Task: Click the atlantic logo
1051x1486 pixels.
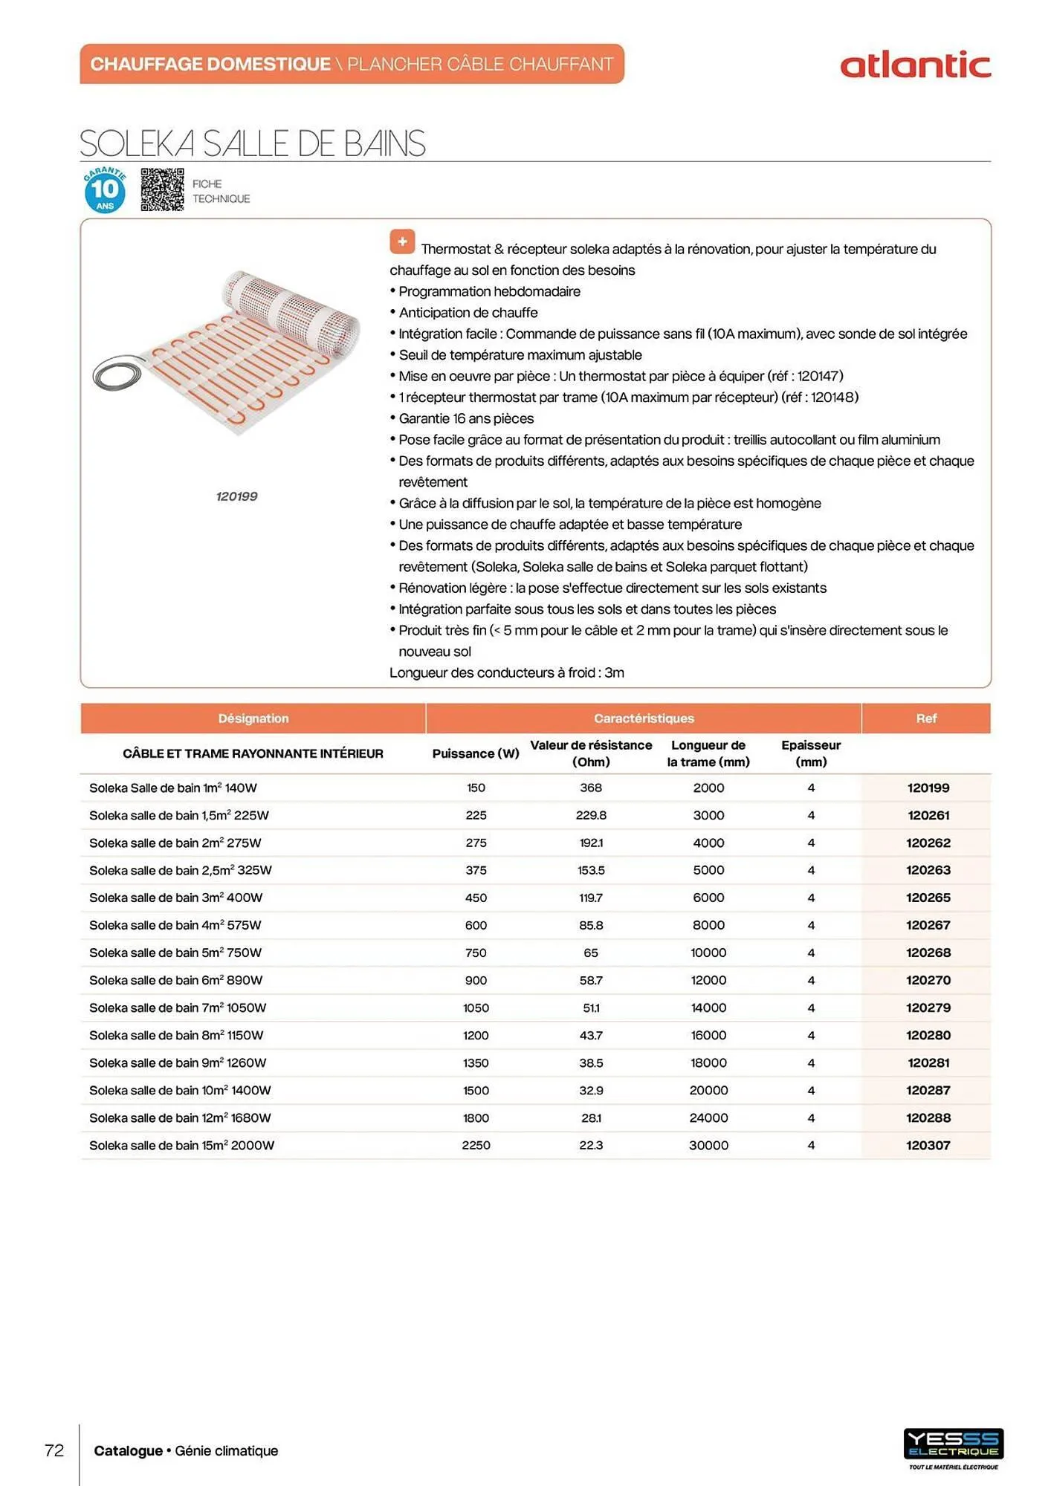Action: pyautogui.click(x=915, y=65)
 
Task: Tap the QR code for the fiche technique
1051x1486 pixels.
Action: pyautogui.click(x=162, y=189)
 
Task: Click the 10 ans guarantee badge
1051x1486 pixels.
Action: pyautogui.click(x=105, y=190)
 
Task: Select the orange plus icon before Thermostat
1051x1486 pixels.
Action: pyautogui.click(x=402, y=241)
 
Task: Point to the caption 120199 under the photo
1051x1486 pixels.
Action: pyautogui.click(x=236, y=496)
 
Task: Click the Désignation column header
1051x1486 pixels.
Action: pyautogui.click(x=253, y=718)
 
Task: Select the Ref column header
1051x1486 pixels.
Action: pyautogui.click(x=926, y=718)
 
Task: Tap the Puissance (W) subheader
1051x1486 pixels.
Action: pyautogui.click(x=476, y=753)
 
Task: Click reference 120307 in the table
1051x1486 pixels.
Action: pyautogui.click(x=928, y=1145)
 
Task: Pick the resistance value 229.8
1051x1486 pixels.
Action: pyautogui.click(x=591, y=815)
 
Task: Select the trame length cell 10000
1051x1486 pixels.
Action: pyautogui.click(x=708, y=953)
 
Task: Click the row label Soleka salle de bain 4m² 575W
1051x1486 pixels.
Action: pyautogui.click(x=175, y=925)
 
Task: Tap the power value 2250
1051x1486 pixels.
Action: pyautogui.click(x=476, y=1145)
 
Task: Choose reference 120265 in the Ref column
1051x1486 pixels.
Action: pyautogui.click(x=928, y=898)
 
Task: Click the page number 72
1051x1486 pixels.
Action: pyautogui.click(x=54, y=1450)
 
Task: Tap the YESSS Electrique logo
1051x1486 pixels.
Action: pyautogui.click(x=953, y=1445)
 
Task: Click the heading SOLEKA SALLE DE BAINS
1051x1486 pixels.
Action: pyautogui.click(x=253, y=143)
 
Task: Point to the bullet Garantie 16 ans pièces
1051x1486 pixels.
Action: pyautogui.click(x=466, y=418)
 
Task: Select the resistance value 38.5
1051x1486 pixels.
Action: pyautogui.click(x=591, y=1062)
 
